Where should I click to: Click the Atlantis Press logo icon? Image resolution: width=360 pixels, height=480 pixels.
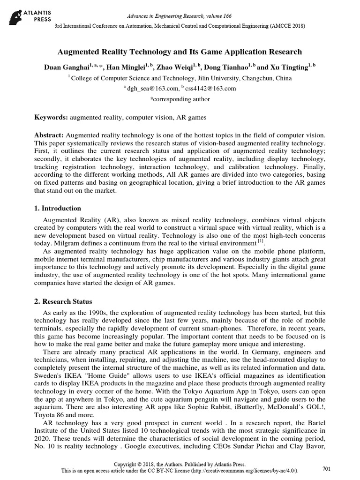point(16,13)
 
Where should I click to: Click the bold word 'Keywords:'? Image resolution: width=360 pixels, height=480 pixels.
point(52,117)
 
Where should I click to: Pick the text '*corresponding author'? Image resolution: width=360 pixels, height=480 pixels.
point(180,99)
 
